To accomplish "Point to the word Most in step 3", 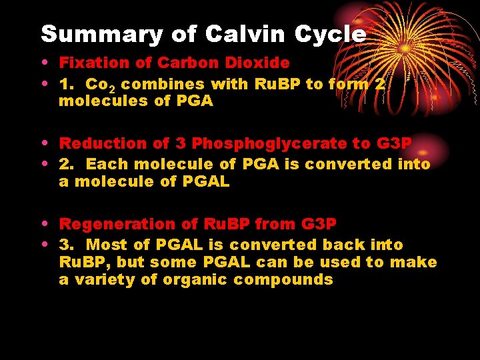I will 106,245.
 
